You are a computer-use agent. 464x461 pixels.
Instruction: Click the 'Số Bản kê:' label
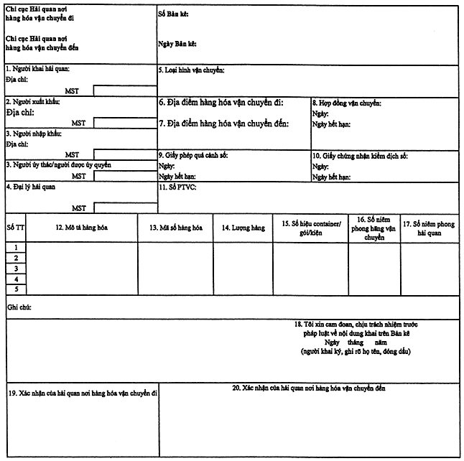coord(173,14)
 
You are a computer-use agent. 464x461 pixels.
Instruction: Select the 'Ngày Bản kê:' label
coord(177,43)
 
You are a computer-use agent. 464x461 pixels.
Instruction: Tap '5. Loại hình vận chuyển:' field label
coord(192,70)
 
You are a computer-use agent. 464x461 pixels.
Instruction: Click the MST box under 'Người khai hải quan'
coord(124,90)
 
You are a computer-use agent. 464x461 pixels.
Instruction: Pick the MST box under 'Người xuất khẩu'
coord(124,123)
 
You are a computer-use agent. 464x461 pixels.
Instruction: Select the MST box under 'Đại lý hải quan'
coord(124,208)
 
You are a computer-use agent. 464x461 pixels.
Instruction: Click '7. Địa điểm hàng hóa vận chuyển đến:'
coord(223,124)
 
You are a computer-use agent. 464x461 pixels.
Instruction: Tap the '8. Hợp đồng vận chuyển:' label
coord(346,103)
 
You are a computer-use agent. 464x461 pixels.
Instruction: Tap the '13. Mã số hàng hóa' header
coord(176,228)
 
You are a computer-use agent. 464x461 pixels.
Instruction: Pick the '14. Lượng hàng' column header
coord(243,228)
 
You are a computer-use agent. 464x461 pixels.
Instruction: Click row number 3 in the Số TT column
coord(16,268)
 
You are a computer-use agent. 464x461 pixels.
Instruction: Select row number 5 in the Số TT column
coord(16,289)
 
